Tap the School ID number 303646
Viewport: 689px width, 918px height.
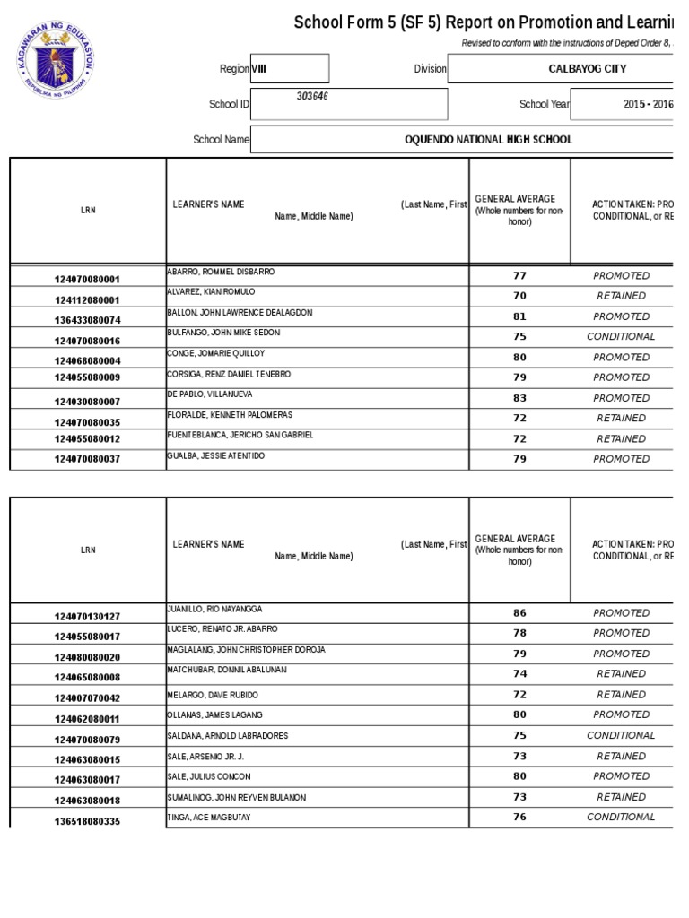(x=312, y=96)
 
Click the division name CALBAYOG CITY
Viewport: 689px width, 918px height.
(x=587, y=69)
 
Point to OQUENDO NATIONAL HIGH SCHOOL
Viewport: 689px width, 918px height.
(x=488, y=140)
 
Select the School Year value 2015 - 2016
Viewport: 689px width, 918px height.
(x=648, y=104)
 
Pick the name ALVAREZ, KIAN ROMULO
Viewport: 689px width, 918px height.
(x=211, y=292)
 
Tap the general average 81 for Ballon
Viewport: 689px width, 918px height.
(x=519, y=316)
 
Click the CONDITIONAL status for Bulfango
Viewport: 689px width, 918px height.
(x=621, y=337)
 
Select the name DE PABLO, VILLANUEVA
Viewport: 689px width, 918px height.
(x=211, y=394)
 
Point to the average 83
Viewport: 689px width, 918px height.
(x=519, y=398)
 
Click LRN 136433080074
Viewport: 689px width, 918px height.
(x=87, y=320)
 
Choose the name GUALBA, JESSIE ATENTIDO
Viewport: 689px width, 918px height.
(x=215, y=455)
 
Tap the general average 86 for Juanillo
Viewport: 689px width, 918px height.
(x=519, y=613)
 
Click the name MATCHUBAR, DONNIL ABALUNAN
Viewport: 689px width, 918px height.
(x=226, y=670)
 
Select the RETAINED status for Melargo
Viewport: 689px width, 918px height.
(x=621, y=695)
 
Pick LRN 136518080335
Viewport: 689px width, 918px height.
(x=87, y=821)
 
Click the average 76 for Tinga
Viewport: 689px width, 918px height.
(x=519, y=818)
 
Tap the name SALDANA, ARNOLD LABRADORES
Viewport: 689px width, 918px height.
(x=227, y=736)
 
